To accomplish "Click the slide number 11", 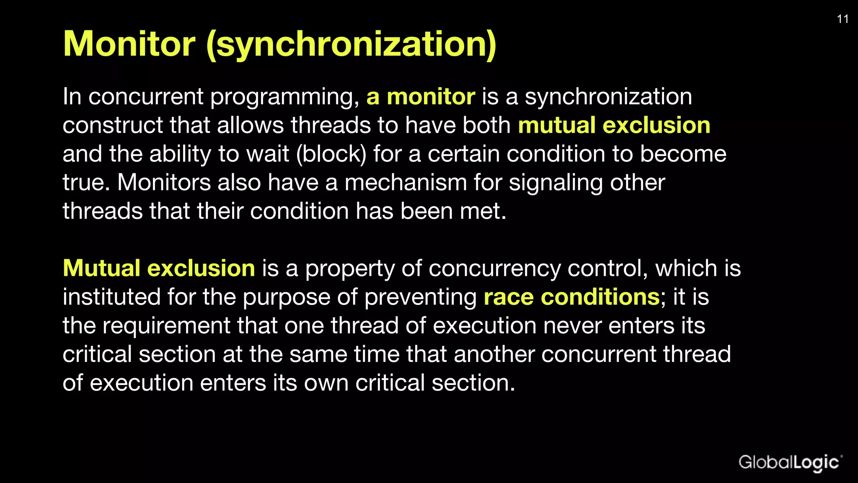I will pyautogui.click(x=842, y=19).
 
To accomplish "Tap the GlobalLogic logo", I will pyautogui.click(x=790, y=462).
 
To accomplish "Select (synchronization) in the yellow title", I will pyautogui.click(x=351, y=44).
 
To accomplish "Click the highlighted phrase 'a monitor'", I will pyautogui.click(x=421, y=97).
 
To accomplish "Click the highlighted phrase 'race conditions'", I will pyautogui.click(x=571, y=297).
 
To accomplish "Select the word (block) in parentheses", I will pyautogui.click(x=331, y=154).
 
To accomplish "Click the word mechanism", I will pyautogui.click(x=406, y=183).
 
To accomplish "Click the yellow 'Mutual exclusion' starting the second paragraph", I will pyautogui.click(x=159, y=268).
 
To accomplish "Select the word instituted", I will pyautogui.click(x=111, y=297).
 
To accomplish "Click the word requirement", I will pyautogui.click(x=166, y=326).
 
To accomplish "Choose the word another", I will pyautogui.click(x=494, y=354).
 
